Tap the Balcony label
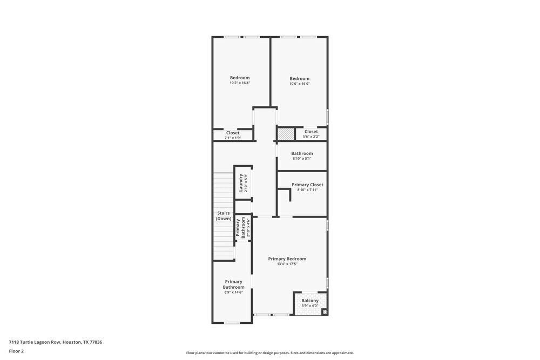pyautogui.click(x=310, y=301)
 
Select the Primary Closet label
pyautogui.click(x=308, y=185)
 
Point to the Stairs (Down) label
pyautogui.click(x=223, y=216)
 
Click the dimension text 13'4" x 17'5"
pyautogui.click(x=287, y=264)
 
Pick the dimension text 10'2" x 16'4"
pyautogui.click(x=240, y=83)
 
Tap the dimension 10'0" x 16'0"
pyautogui.click(x=300, y=84)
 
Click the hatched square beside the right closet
pyautogui.click(x=286, y=134)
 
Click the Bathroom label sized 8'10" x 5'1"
pyautogui.click(x=302, y=153)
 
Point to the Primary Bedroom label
pyautogui.click(x=287, y=259)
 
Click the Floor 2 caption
pyautogui.click(x=16, y=351)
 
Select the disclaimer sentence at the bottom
pyautogui.click(x=270, y=353)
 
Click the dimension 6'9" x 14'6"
pyautogui.click(x=234, y=292)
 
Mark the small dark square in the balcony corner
pyautogui.click(x=324, y=311)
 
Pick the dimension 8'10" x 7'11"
pyautogui.click(x=308, y=190)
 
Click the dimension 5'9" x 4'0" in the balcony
pyautogui.click(x=310, y=306)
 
